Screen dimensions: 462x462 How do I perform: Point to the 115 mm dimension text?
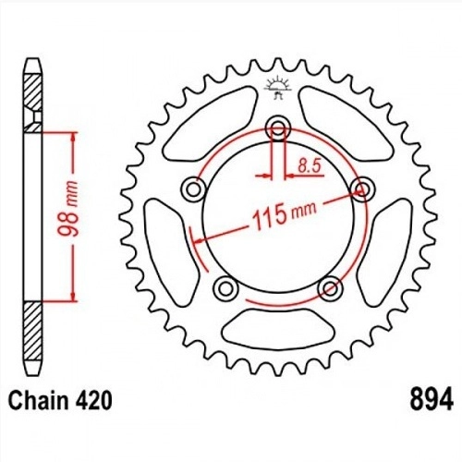pos(284,214)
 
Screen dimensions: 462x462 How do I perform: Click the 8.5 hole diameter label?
pos(310,166)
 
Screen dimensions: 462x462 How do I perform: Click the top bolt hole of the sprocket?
pos(278,128)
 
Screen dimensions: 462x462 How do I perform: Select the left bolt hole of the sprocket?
pos(193,189)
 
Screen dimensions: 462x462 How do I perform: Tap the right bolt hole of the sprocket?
pos(363,188)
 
